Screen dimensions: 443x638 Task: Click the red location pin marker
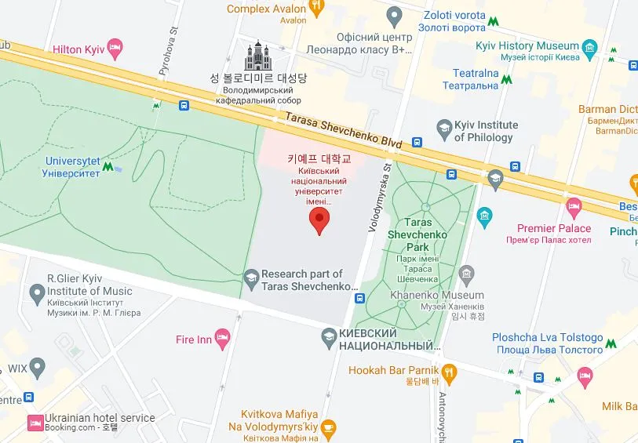tap(319, 220)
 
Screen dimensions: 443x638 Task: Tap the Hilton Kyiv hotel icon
tap(115, 49)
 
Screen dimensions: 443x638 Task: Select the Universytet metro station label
tap(71, 167)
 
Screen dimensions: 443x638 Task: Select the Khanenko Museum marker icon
tap(467, 274)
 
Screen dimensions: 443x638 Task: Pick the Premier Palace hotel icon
tap(574, 208)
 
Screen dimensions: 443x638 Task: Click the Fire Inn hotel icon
tap(222, 340)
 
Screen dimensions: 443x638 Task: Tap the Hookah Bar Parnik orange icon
tap(449, 370)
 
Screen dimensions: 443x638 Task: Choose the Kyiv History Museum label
tap(538, 46)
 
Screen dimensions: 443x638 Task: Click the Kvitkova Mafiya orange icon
tap(329, 427)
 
